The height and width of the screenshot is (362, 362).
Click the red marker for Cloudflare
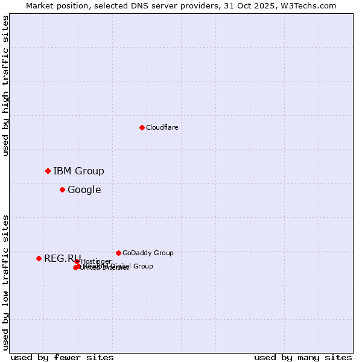pos(142,127)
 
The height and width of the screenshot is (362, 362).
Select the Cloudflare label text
pos(162,127)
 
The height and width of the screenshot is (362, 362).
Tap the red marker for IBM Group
pos(48,171)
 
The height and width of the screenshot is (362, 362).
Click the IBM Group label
pos(78,171)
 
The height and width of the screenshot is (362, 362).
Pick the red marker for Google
pos(62,189)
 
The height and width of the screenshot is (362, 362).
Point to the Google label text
pos(84,189)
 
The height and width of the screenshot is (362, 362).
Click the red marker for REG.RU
pos(39,258)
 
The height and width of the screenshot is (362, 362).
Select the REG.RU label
pos(62,258)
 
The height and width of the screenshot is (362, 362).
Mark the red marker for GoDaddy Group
pos(118,253)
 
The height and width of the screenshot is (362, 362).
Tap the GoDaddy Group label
pos(148,253)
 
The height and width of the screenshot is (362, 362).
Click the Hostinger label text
pos(96,261)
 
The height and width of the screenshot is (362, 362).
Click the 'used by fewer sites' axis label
pos(62,357)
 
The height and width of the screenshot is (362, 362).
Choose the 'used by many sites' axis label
pos(303,357)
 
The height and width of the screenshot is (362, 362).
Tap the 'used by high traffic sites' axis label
pos(5,86)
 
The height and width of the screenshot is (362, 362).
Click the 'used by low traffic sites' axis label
pos(5,282)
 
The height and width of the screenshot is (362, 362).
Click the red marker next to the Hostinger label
pos(77,261)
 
